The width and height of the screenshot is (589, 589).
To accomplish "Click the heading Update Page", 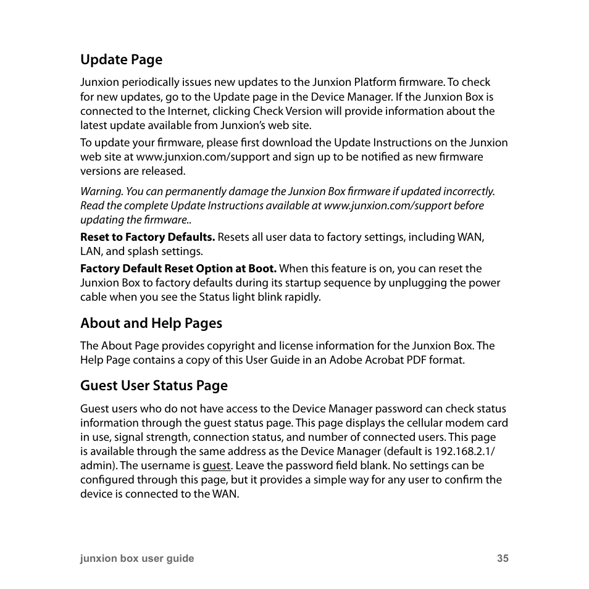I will click(x=121, y=60).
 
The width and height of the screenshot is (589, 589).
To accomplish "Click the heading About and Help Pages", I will click(x=151, y=324).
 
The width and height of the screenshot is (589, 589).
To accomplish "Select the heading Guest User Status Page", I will click(x=154, y=386).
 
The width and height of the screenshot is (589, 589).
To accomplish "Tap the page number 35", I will click(x=503, y=558).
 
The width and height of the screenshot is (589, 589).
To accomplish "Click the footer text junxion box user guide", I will click(x=137, y=558).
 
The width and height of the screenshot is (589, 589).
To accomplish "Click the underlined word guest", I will click(x=216, y=466).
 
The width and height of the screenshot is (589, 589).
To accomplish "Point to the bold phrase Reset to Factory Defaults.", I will click(x=148, y=237).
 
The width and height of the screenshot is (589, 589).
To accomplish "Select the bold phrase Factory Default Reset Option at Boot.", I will click(x=178, y=269).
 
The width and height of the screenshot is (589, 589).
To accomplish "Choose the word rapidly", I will click(x=303, y=297).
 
